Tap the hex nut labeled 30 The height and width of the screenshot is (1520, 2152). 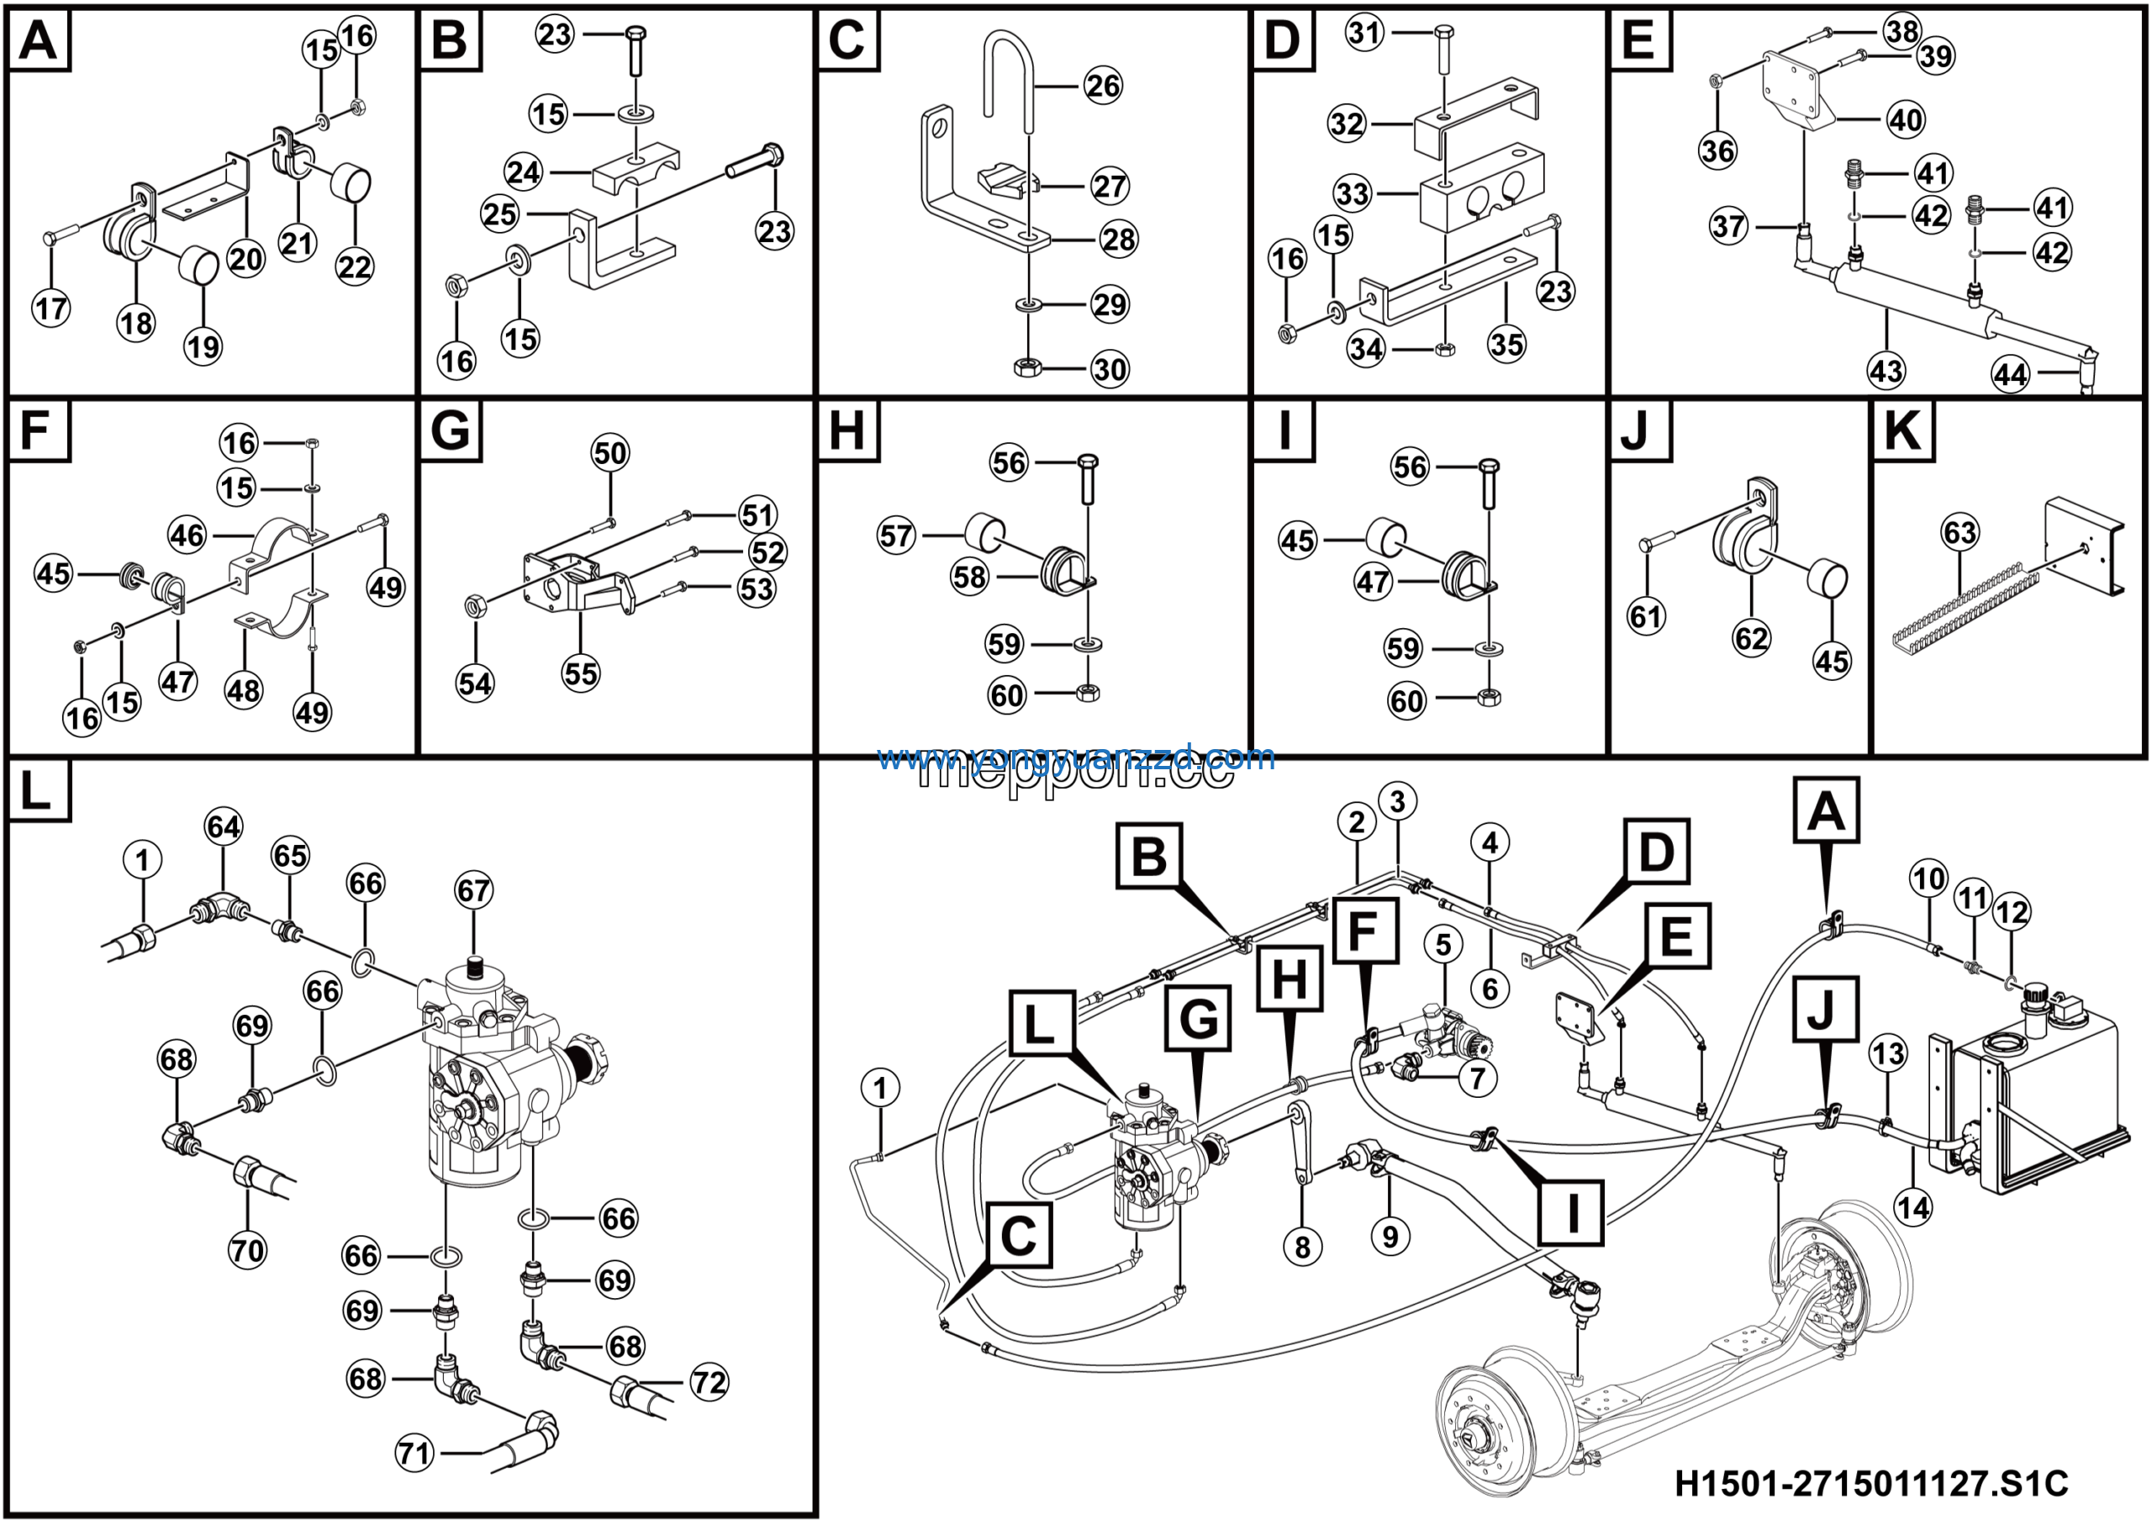[1028, 366]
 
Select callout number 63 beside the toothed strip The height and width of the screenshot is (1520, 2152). [1959, 532]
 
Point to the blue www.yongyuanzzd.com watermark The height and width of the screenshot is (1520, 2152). [1076, 757]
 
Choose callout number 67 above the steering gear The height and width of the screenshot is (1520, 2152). [473, 889]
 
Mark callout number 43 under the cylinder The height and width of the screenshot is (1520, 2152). [1886, 371]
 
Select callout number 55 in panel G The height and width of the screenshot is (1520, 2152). [580, 673]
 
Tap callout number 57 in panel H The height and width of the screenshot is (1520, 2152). [896, 536]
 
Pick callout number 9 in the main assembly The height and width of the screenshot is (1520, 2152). [1390, 1236]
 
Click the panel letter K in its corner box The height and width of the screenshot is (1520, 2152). [1902, 432]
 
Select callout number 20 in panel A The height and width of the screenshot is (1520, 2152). [245, 259]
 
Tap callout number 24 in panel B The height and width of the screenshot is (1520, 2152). [523, 172]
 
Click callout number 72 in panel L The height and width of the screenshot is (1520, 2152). [709, 1382]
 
